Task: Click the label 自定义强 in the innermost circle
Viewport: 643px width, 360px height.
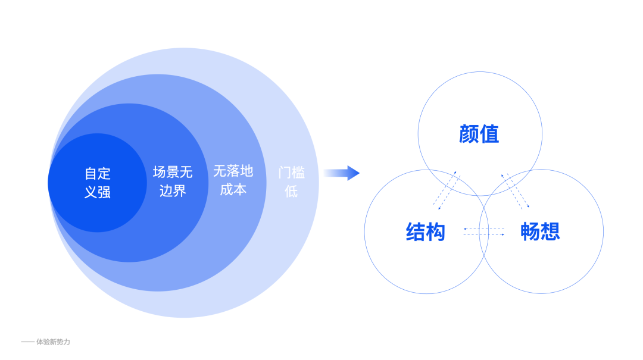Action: click(98, 183)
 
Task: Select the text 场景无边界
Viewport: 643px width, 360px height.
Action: click(173, 181)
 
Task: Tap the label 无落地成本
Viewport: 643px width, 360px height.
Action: click(233, 180)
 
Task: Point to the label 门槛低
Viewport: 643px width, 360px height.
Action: click(291, 182)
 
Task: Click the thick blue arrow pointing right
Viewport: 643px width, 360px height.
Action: click(342, 173)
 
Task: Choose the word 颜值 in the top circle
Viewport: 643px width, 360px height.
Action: click(479, 134)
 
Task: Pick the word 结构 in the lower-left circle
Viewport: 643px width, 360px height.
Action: click(426, 231)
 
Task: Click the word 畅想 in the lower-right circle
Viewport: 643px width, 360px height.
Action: click(541, 231)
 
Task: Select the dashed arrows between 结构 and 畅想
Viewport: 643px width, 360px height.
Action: click(483, 232)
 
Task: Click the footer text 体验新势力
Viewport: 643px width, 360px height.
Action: click(53, 342)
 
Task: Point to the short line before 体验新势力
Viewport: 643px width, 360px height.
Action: click(27, 342)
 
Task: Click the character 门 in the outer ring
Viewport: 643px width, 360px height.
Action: click(285, 173)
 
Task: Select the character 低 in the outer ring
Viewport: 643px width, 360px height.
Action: click(291, 192)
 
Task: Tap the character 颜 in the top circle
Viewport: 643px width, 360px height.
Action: click(469, 134)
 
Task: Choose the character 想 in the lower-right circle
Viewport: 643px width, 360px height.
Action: click(551, 231)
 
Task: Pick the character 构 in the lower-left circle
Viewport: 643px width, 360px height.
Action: click(436, 231)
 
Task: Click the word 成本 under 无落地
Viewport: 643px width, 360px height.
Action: click(233, 190)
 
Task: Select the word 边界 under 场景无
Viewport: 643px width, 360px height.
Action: click(173, 191)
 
